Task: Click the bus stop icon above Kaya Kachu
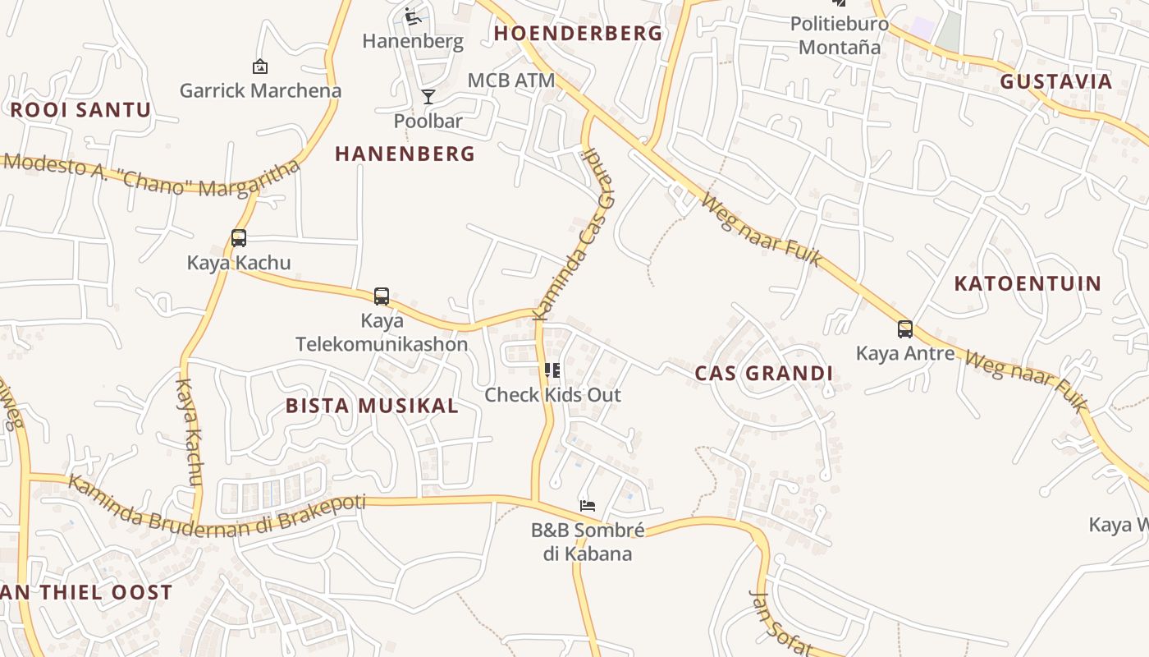pos(239,238)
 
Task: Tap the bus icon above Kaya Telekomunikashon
pos(382,296)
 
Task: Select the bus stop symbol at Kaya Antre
pos(905,329)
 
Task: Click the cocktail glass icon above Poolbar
pos(428,97)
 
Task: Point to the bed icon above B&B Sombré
pos(587,505)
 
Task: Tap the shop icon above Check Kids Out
pos(552,370)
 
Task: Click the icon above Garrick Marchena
pos(260,67)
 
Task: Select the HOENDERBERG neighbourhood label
pos(578,33)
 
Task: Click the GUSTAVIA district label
pos(1055,81)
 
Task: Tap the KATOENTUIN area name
pos(1028,284)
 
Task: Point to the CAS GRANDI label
pos(764,374)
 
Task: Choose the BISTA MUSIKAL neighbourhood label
pos(372,406)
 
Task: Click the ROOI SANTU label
pos(80,110)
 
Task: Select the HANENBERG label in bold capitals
pos(405,154)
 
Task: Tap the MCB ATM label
pos(511,80)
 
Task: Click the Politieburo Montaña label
pos(840,35)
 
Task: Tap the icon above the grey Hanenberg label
pos(413,16)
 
